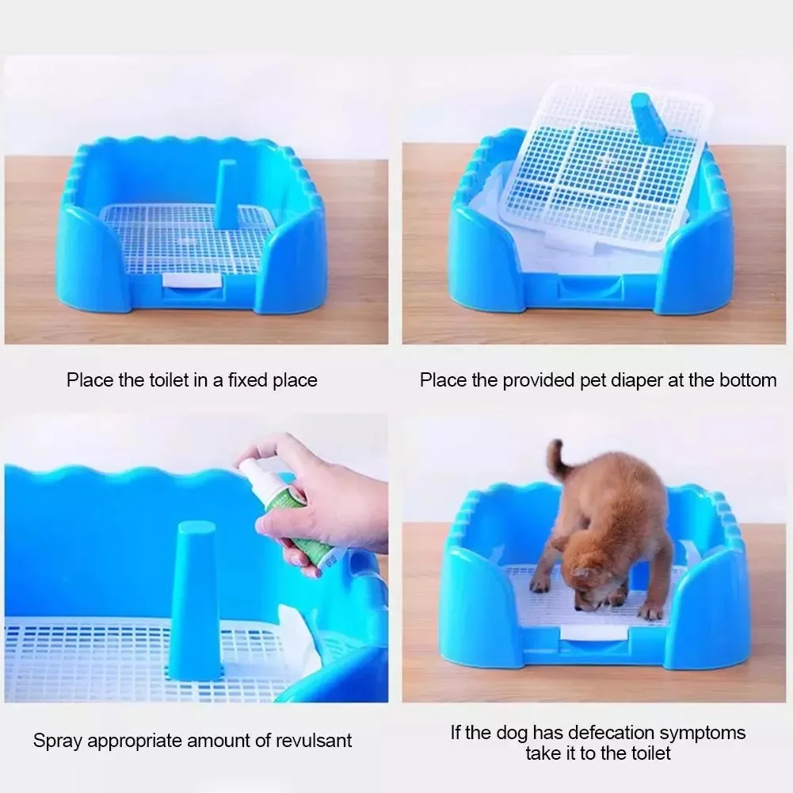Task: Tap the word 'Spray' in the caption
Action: tap(57, 742)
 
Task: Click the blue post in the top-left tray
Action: tap(225, 194)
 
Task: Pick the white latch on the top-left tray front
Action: tap(193, 282)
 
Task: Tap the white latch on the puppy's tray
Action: tap(591, 632)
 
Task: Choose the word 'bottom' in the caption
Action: tap(748, 379)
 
